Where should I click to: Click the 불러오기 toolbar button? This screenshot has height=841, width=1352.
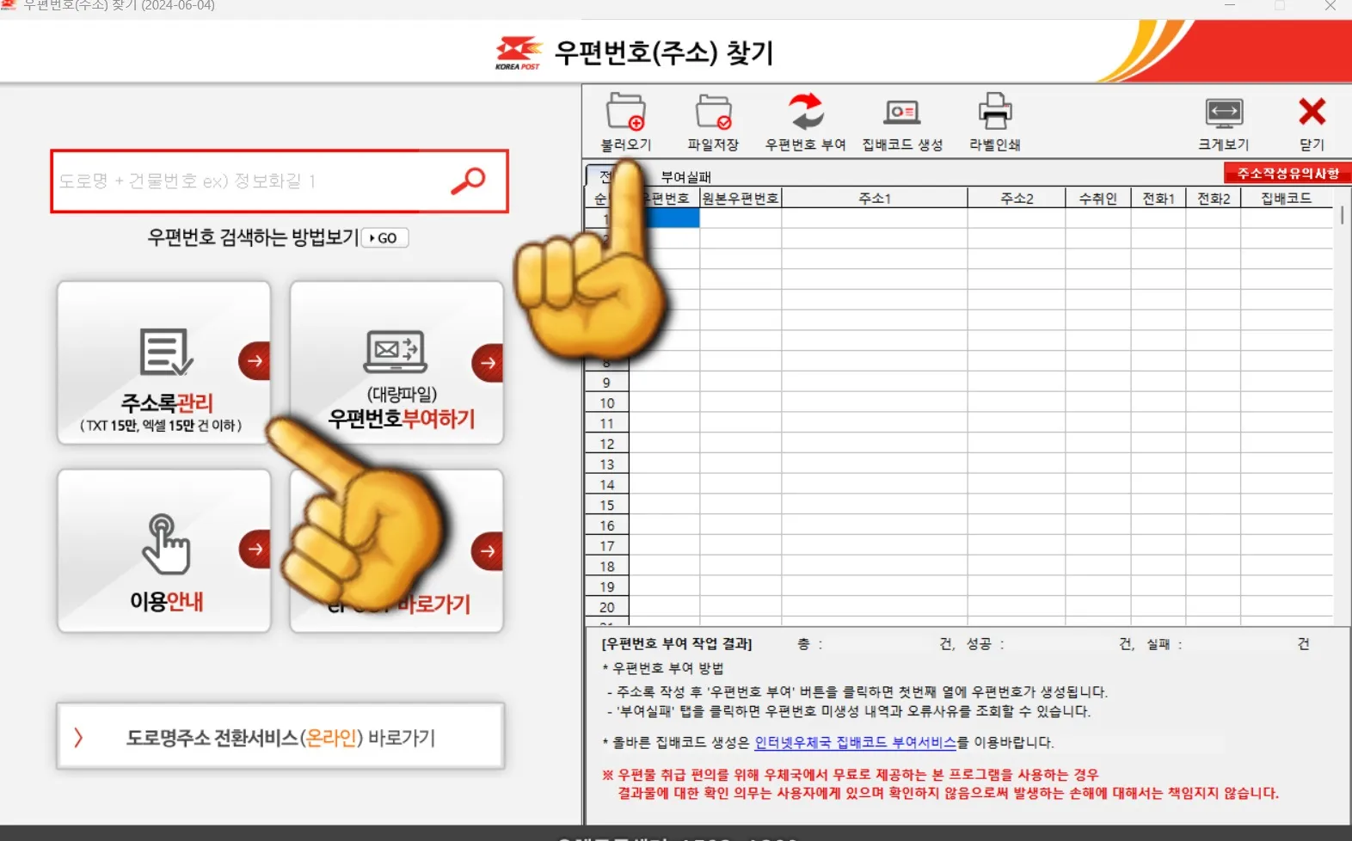[625, 121]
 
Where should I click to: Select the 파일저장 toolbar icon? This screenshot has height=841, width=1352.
[713, 121]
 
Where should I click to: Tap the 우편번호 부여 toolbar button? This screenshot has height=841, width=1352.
[806, 121]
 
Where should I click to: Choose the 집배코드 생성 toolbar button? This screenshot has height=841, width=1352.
[902, 121]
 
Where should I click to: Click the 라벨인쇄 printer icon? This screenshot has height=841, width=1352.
[995, 121]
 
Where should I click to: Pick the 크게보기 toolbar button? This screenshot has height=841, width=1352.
[1224, 121]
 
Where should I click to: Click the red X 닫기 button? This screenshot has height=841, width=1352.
[1312, 121]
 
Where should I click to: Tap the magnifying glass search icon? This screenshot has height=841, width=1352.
[469, 181]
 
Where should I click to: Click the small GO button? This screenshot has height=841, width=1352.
[384, 238]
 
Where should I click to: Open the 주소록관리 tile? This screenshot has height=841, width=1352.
[164, 363]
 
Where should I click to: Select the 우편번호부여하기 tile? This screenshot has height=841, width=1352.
[396, 363]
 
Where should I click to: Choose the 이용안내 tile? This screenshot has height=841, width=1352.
[164, 551]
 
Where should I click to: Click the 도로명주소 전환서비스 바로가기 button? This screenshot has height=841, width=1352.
[280, 737]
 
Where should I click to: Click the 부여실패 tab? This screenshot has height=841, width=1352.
[685, 177]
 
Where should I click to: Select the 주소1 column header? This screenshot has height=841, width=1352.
[875, 199]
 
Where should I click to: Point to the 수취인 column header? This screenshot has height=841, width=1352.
[1097, 199]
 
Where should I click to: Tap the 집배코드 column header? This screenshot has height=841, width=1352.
[1286, 199]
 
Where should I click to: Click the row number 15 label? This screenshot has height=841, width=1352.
[607, 506]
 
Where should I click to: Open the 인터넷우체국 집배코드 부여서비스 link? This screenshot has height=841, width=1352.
[855, 742]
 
